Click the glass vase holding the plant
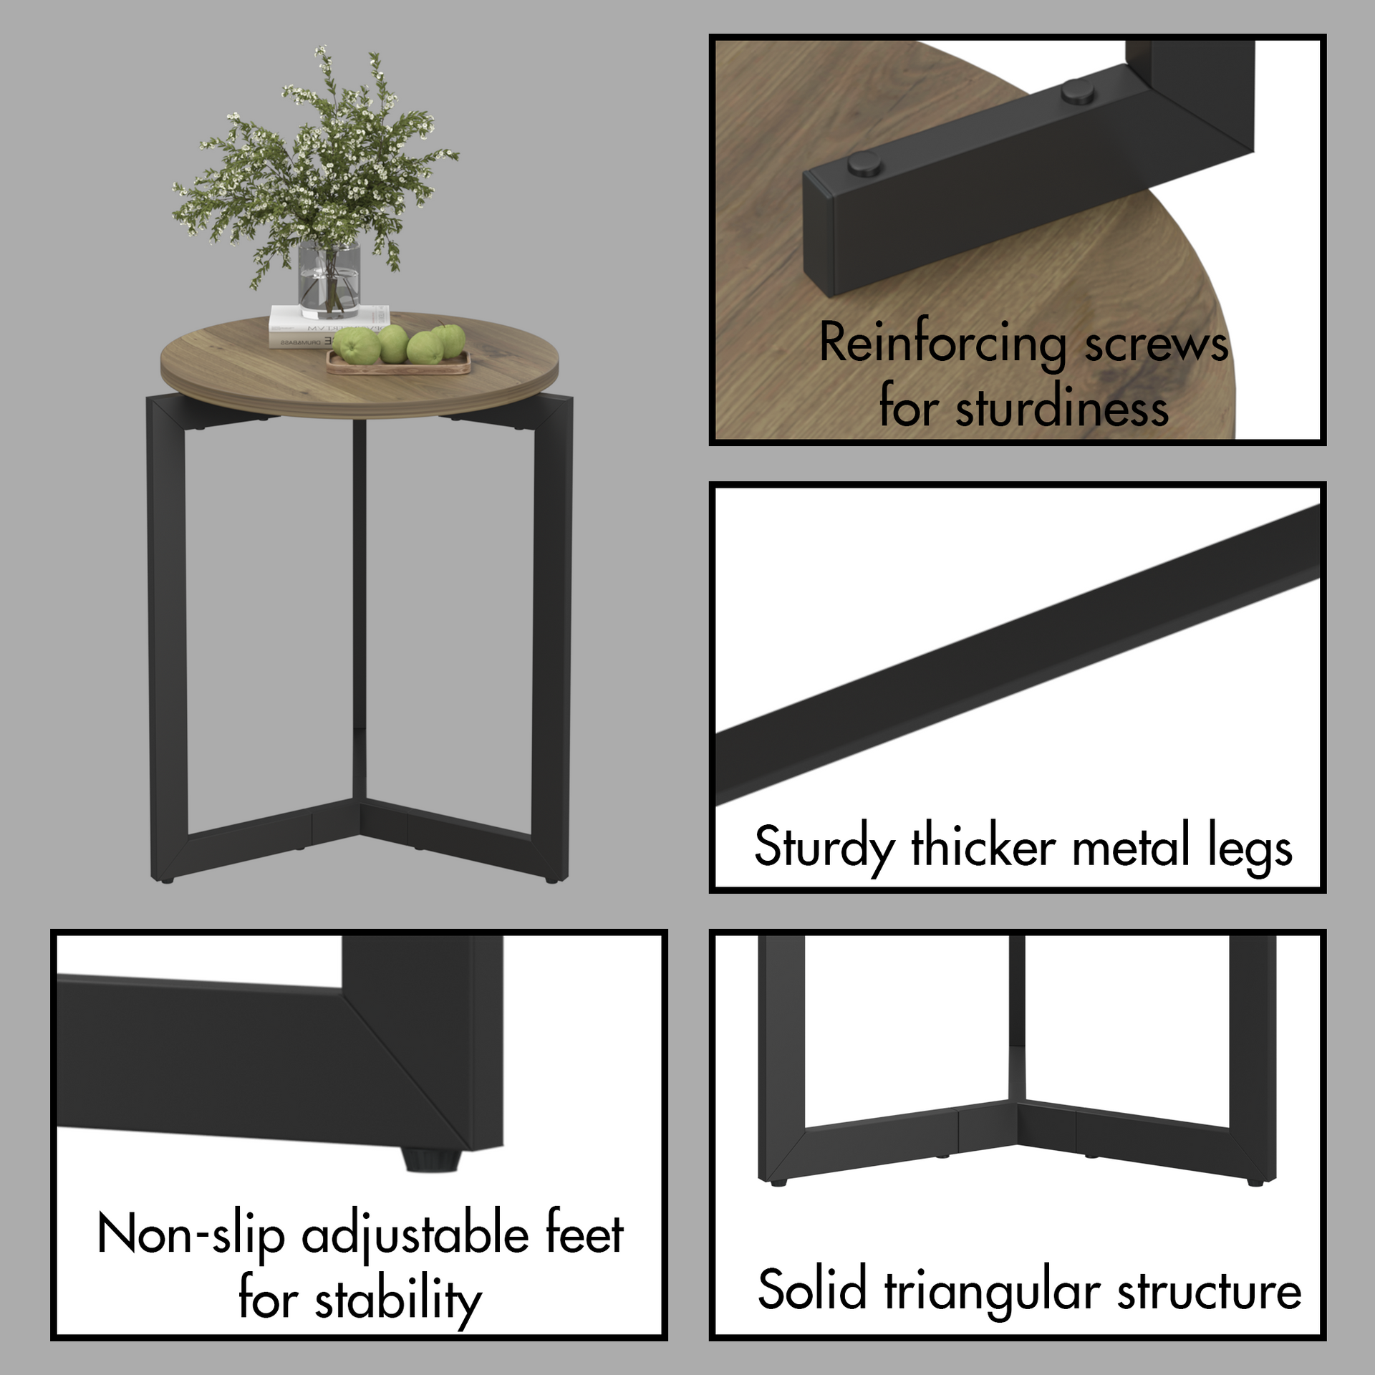pyautogui.click(x=329, y=281)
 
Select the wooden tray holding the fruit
pyautogui.click(x=398, y=363)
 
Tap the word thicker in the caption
pyautogui.click(x=984, y=847)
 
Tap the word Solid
pyautogui.click(x=812, y=1290)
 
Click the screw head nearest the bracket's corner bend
pyautogui.click(x=1077, y=91)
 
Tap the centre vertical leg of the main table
pyautogui.click(x=359, y=609)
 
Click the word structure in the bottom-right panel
pyautogui.click(x=1209, y=1291)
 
